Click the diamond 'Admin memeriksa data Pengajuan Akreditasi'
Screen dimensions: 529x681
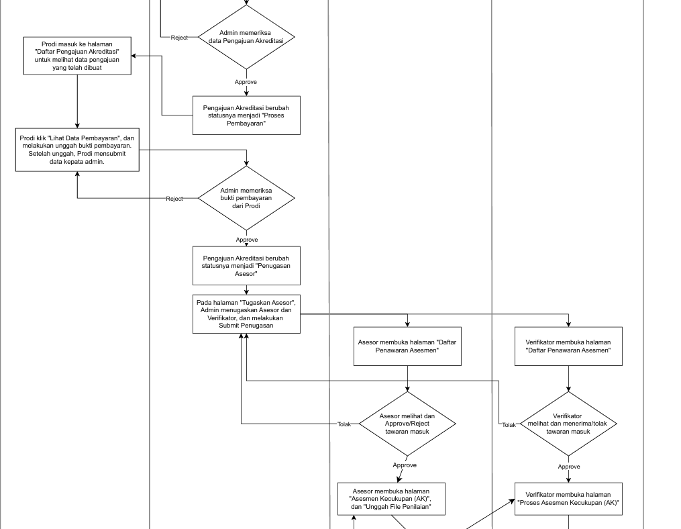click(246, 37)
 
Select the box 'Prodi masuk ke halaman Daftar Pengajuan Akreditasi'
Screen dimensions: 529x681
click(77, 56)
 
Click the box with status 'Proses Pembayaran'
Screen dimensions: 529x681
click(246, 115)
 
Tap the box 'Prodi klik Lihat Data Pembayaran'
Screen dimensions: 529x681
click(77, 150)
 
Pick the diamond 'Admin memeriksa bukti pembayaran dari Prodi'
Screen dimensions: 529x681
click(246, 198)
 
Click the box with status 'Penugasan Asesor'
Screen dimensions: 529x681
click(246, 266)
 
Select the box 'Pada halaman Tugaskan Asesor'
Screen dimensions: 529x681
click(246, 314)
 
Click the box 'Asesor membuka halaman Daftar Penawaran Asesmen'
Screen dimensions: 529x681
click(407, 346)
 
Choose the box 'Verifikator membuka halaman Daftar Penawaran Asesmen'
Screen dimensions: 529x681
click(568, 346)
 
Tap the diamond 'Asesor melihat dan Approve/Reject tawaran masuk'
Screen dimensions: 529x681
click(407, 424)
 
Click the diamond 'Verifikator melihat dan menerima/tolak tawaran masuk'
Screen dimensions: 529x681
click(568, 424)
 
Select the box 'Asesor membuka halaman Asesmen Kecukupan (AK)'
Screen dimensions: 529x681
click(391, 499)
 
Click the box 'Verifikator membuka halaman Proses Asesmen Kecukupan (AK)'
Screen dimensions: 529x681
click(568, 499)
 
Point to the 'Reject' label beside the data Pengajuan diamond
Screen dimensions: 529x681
click(179, 38)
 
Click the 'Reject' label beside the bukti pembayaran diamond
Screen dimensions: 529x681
click(174, 199)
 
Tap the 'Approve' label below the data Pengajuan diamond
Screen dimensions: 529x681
click(246, 82)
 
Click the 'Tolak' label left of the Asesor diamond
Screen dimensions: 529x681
click(344, 424)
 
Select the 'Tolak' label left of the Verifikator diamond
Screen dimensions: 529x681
click(509, 425)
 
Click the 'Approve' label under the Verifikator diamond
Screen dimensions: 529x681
click(569, 467)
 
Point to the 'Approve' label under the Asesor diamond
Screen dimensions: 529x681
click(405, 465)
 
